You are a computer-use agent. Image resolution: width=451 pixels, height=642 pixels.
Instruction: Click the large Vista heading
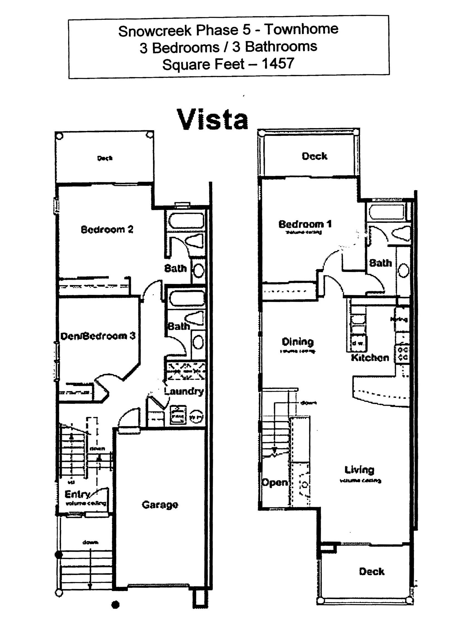212,119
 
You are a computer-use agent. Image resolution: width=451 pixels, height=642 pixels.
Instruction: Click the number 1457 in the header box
278,64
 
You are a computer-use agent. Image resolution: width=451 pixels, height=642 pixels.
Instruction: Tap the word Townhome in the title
301,29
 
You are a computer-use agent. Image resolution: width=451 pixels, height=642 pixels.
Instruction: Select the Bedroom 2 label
107,229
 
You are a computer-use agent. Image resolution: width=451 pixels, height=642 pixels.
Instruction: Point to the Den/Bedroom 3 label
98,335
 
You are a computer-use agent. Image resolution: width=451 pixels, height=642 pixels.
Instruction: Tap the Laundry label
184,391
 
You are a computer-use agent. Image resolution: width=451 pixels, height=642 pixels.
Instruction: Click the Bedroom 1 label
305,224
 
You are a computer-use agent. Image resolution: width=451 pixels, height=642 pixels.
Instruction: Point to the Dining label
298,341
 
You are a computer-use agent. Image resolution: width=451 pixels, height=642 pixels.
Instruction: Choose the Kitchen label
370,357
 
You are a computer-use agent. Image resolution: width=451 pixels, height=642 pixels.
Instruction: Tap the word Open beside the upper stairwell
275,482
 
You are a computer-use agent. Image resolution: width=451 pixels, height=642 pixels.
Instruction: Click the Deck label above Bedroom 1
314,156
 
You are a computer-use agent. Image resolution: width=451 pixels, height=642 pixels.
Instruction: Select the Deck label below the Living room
372,571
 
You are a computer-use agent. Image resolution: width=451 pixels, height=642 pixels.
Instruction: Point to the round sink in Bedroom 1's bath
403,270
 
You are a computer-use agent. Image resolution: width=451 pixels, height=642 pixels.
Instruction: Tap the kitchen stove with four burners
403,353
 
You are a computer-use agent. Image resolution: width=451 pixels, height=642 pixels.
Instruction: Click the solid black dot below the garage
116,605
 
